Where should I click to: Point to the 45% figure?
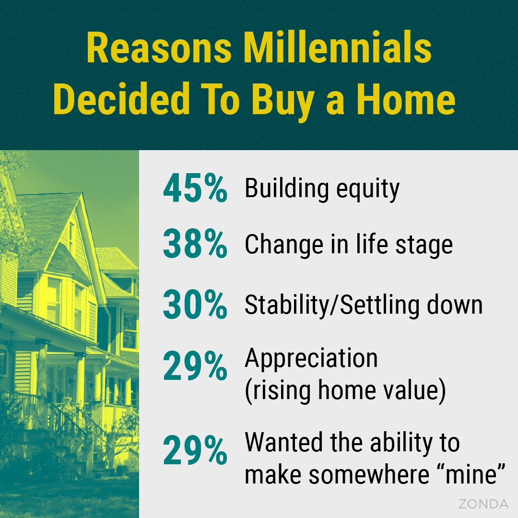tap(195, 189)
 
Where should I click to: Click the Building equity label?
tap(322, 189)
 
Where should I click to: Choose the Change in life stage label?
tap(349, 246)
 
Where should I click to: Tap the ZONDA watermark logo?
tap(483, 504)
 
